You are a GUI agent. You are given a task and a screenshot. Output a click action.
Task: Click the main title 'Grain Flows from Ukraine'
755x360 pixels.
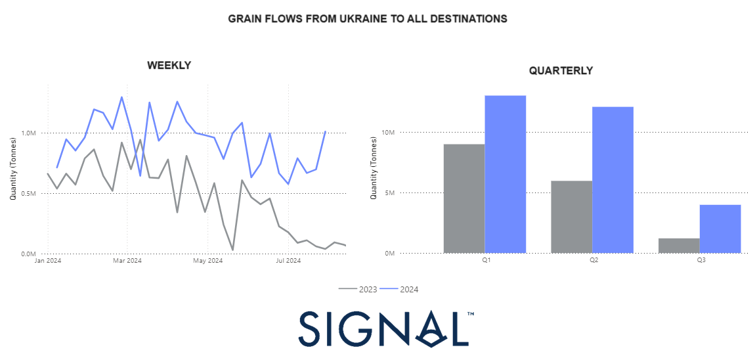[368, 19]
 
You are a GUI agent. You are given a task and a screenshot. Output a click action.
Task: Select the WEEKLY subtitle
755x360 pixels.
[169, 65]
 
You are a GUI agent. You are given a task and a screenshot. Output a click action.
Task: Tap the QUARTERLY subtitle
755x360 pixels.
[561, 71]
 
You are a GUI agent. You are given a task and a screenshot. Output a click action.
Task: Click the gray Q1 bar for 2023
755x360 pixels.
[464, 198]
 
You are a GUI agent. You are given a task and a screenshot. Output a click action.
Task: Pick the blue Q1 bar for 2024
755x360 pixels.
[505, 174]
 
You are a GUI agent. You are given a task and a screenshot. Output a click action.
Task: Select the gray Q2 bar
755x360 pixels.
[572, 217]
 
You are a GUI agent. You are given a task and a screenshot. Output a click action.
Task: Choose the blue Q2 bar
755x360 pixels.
[613, 180]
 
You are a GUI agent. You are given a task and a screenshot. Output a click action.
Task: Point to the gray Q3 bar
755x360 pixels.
[679, 246]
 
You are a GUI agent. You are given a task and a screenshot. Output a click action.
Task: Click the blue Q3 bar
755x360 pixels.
[720, 229]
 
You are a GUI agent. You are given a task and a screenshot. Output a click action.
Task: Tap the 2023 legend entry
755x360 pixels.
[358, 290]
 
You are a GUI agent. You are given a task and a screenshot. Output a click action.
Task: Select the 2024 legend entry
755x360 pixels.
[399, 290]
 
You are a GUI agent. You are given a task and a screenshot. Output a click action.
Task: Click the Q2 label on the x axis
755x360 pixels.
[593, 259]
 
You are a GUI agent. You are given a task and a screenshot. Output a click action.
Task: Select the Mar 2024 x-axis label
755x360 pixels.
[127, 261]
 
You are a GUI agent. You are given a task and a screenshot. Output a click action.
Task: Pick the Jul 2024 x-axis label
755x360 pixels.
[288, 261]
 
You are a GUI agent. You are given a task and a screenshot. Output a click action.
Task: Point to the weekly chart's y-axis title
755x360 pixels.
[14, 169]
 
